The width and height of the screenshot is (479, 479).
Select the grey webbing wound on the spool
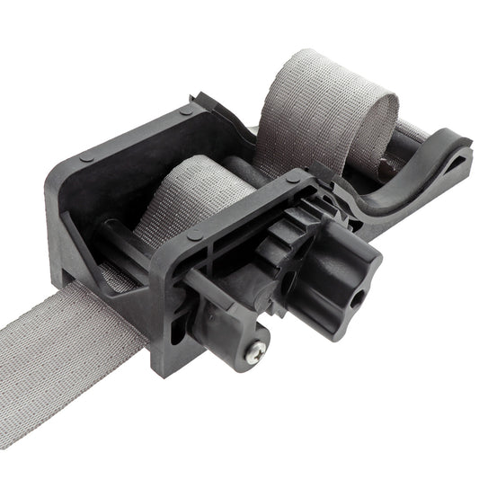point(193,193)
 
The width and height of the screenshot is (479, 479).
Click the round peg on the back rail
point(184,110)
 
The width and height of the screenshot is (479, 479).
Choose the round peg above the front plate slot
point(194,235)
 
